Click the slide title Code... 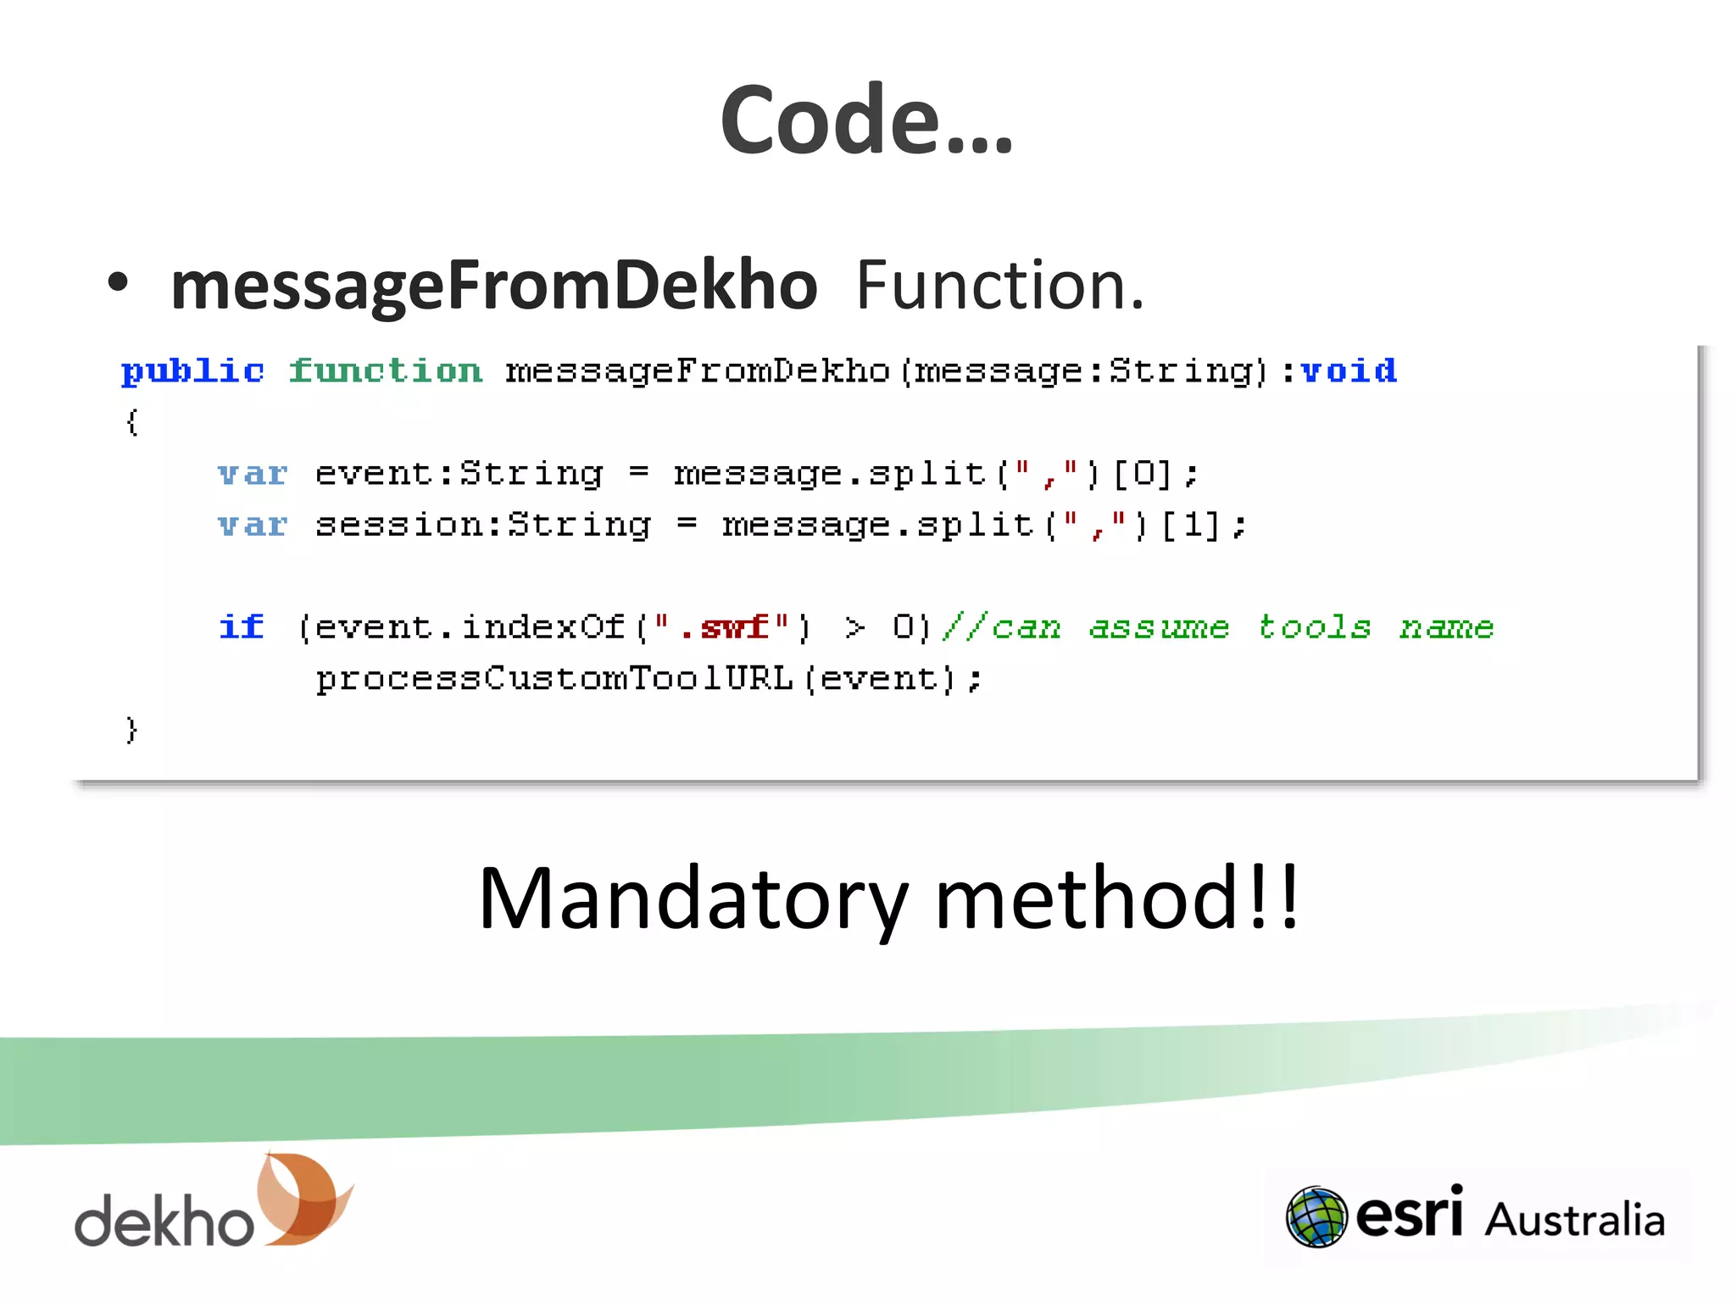coord(865,120)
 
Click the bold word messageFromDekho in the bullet coord(493,286)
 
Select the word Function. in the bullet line coord(999,286)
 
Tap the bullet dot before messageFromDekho coord(118,283)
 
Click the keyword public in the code coord(192,372)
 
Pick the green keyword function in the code coord(386,371)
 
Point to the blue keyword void coord(1349,371)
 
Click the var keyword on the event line coord(253,474)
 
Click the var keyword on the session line coord(253,526)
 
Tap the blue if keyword coord(242,627)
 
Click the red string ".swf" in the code coord(722,627)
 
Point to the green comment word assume coord(1158,627)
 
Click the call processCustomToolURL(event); coord(648,679)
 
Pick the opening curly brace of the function coord(131,421)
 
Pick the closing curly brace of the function coord(131,729)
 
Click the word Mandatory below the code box coord(693,899)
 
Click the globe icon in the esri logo coord(1316,1217)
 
